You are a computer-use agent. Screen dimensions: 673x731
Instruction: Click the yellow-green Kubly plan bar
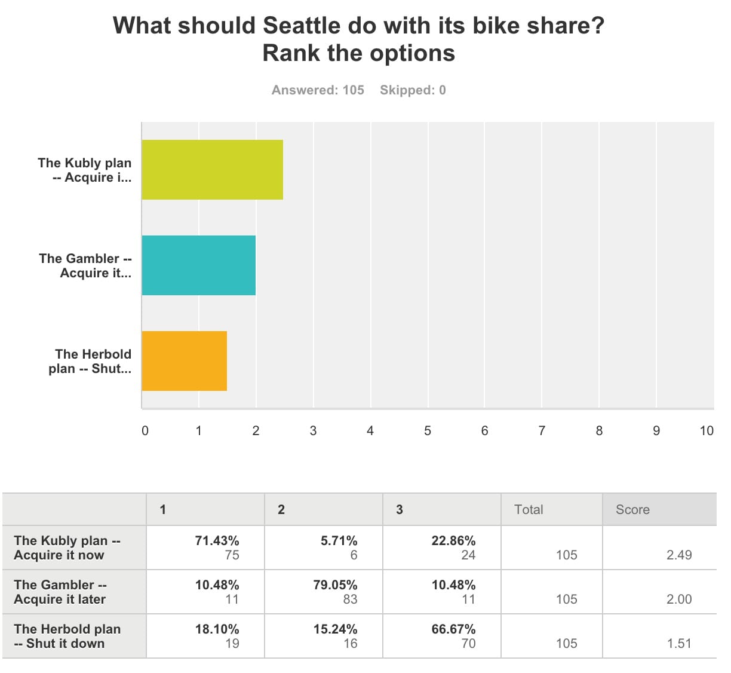pyautogui.click(x=212, y=170)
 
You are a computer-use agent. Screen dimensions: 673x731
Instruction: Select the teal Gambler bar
pyautogui.click(x=198, y=265)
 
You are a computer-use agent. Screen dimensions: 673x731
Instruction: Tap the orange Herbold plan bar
pyautogui.click(x=184, y=361)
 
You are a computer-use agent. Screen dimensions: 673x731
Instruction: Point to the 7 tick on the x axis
pyautogui.click(x=542, y=431)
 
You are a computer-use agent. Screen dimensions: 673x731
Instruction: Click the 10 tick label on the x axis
pyautogui.click(x=707, y=431)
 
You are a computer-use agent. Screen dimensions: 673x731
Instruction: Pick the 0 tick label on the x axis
pyautogui.click(x=145, y=431)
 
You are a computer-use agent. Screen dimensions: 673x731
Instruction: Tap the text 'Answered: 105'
pyautogui.click(x=318, y=90)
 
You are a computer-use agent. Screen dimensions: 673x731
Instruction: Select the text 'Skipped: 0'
pyautogui.click(x=413, y=90)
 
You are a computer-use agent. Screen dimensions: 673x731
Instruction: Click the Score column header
pyautogui.click(x=632, y=510)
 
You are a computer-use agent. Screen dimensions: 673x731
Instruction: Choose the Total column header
pyautogui.click(x=529, y=510)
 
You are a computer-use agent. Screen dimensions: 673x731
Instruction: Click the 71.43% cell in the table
pyautogui.click(x=217, y=541)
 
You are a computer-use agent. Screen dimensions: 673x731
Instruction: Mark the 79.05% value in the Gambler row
pyautogui.click(x=335, y=585)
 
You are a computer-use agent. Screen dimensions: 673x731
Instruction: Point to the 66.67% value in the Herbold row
pyautogui.click(x=453, y=629)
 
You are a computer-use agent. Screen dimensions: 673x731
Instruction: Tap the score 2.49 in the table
pyautogui.click(x=679, y=555)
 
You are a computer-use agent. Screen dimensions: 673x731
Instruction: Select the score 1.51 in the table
pyautogui.click(x=679, y=644)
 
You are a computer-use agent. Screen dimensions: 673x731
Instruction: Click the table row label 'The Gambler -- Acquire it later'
pyautogui.click(x=60, y=592)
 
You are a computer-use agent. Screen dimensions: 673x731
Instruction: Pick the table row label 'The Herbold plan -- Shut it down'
pyautogui.click(x=67, y=637)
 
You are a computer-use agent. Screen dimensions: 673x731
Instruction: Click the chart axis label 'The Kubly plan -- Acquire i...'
pyautogui.click(x=84, y=170)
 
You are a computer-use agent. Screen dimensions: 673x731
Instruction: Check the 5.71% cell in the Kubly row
pyautogui.click(x=339, y=541)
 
